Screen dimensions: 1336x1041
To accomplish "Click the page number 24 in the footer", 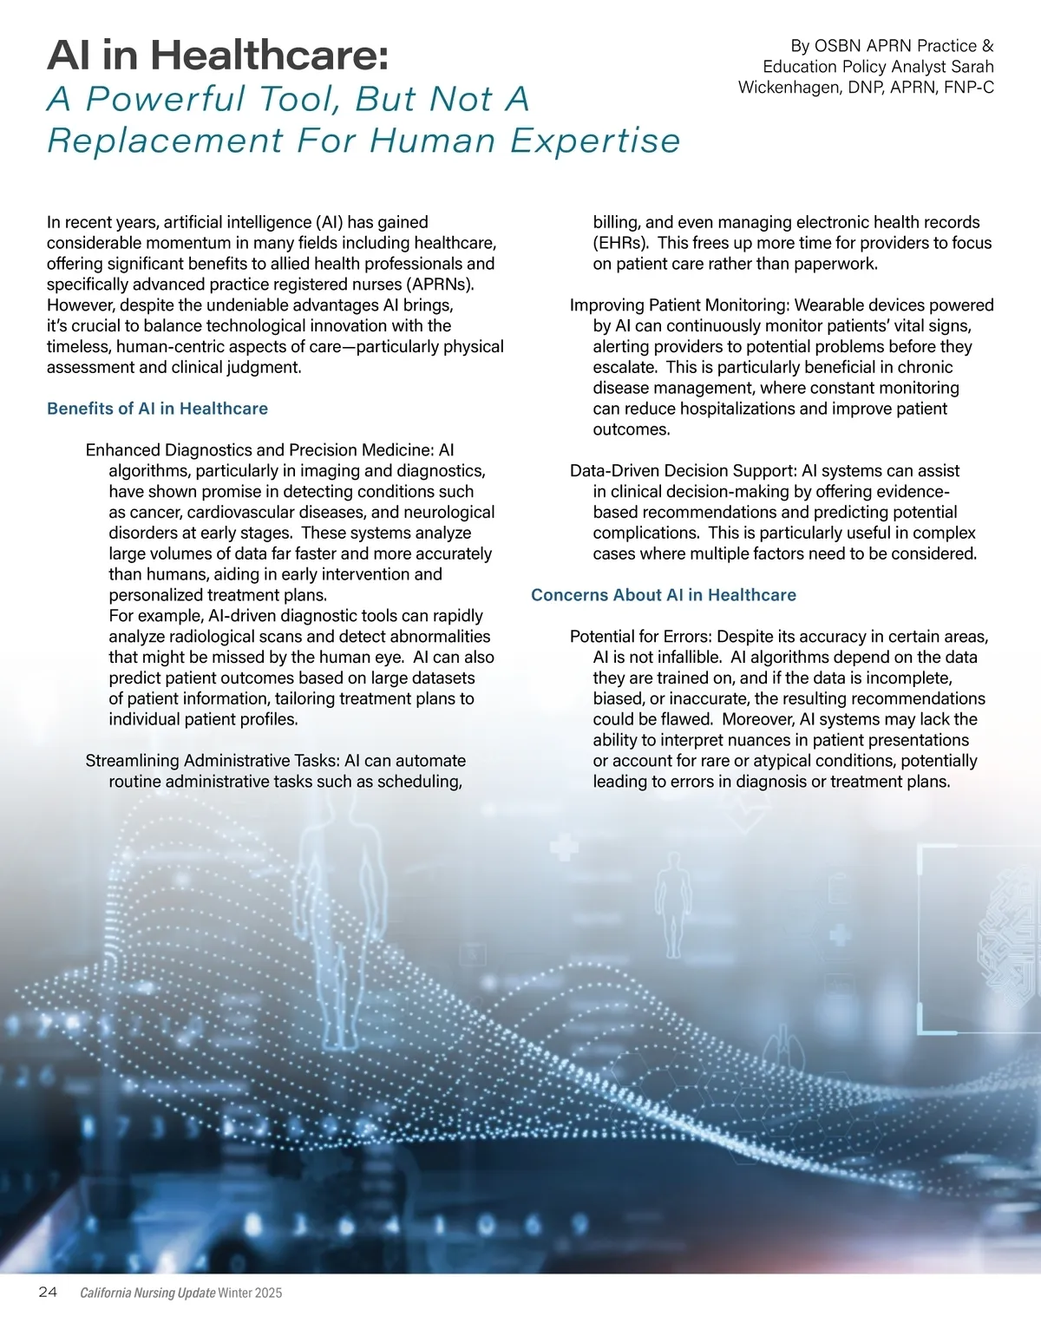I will pyautogui.click(x=48, y=1293).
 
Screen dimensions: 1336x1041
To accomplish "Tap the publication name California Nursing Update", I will pyautogui.click(x=147, y=1293).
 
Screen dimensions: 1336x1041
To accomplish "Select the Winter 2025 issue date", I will pyautogui.click(x=250, y=1293).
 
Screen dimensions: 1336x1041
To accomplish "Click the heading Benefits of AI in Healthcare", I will pyautogui.click(x=157, y=409).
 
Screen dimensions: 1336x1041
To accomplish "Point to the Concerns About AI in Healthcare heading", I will pyautogui.click(x=663, y=595).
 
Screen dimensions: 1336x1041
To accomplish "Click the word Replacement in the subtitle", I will pyautogui.click(x=165, y=141).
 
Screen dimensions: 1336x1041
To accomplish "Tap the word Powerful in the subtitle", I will pyautogui.click(x=165, y=99).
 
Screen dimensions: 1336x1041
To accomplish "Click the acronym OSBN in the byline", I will pyautogui.click(x=838, y=46).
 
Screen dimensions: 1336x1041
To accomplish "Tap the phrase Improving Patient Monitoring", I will pyautogui.click(x=678, y=305).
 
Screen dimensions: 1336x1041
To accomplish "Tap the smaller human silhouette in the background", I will pyautogui.click(x=674, y=902).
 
